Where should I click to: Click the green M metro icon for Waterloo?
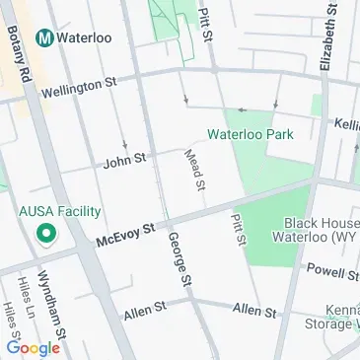coord(43,36)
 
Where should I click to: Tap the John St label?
coord(124,157)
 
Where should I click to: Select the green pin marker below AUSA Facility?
coord(43,235)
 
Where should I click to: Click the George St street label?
coord(179,260)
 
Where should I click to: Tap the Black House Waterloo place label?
coord(322,231)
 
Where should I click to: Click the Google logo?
coord(33,347)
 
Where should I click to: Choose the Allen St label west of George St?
coord(143,313)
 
